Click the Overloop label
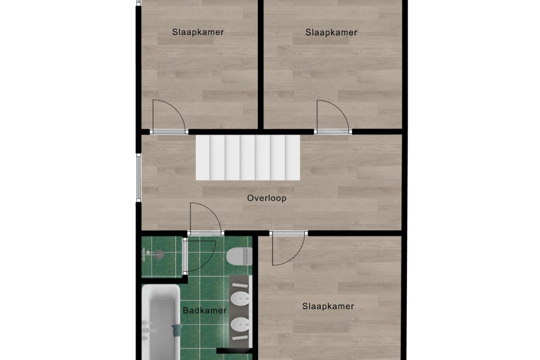266,198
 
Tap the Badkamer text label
204,310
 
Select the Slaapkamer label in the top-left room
198,32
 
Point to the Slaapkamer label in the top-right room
331,32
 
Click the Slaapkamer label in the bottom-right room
328,306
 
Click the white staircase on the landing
248,158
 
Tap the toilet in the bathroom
239,256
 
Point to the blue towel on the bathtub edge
177,330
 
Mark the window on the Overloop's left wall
139,178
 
